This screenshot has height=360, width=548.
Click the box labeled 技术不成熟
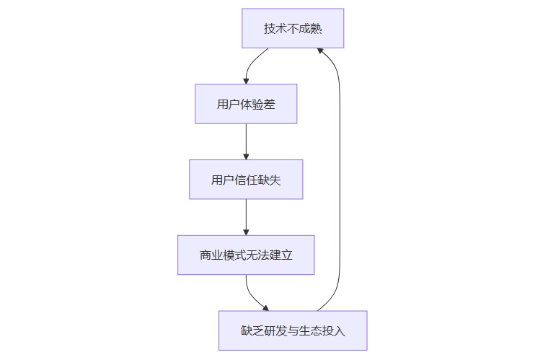293,28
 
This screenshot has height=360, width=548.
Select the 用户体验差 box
246,104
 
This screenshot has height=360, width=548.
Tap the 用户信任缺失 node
246,180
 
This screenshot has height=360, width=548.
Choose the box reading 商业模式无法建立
246,255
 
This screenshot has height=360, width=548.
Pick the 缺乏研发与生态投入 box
293,330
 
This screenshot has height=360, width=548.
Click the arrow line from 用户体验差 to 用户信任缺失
246,140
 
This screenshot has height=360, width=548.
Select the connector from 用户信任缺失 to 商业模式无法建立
246,216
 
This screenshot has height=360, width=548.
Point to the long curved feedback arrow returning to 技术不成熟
340,180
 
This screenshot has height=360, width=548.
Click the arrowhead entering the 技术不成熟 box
319,51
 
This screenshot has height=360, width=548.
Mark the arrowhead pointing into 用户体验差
246,81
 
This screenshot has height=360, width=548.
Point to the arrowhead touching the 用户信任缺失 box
246,157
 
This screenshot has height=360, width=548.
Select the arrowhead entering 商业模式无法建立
246,232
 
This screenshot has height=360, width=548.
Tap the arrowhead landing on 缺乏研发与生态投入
266,308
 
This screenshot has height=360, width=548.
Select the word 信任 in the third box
246,180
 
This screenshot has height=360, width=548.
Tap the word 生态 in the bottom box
316,331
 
